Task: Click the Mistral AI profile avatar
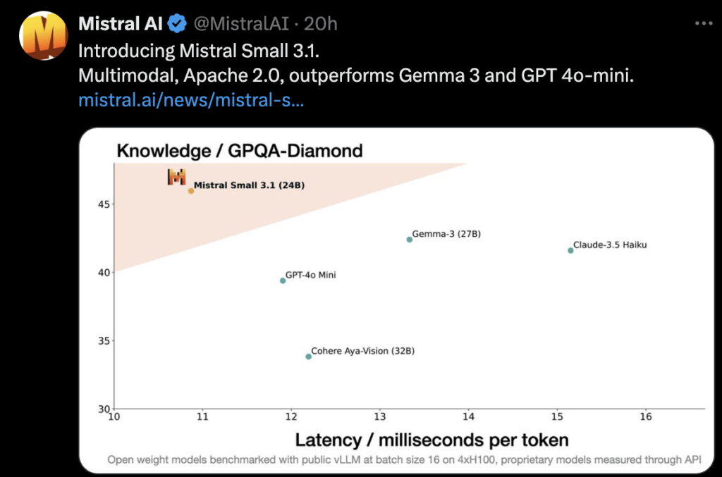pos(43,35)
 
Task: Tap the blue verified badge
pos(177,23)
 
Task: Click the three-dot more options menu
pos(704,23)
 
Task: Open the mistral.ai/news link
pos(191,100)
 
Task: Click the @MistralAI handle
pos(241,23)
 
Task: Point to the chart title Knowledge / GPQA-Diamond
pos(240,150)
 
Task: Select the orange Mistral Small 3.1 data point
pos(191,191)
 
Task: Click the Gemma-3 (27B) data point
pos(410,239)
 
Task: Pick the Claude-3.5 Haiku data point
pos(570,250)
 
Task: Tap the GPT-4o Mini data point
pos(283,280)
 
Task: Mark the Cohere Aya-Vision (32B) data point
pos(309,357)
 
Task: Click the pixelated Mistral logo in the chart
pos(176,177)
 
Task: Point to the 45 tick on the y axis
pos(104,204)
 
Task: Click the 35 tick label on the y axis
pos(104,341)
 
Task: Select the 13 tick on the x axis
pos(380,416)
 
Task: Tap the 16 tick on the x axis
pos(646,416)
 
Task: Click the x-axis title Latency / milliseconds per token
pos(432,440)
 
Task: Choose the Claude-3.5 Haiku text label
pos(610,244)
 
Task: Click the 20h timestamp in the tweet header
pos(321,23)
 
